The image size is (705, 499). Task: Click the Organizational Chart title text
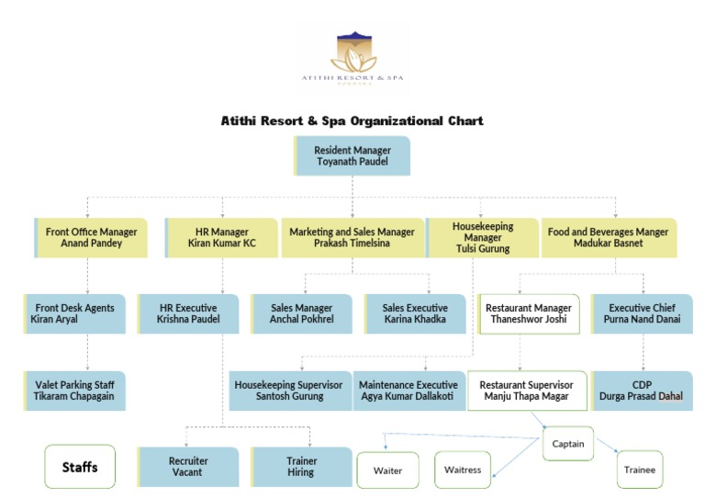[352, 120]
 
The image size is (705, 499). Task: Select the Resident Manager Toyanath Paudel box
[352, 155]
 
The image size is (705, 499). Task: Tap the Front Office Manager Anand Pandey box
[91, 238]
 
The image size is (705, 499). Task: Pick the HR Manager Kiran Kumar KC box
[221, 238]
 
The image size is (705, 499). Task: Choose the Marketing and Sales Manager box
[352, 238]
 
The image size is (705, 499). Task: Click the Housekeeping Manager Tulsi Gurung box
[482, 237]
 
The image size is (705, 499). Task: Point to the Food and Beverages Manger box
[608, 238]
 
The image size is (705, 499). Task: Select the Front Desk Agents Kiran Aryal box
[75, 313]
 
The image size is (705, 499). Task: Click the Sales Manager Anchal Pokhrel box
[301, 313]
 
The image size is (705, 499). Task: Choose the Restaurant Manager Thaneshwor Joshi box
[528, 313]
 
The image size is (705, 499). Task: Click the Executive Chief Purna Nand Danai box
[642, 313]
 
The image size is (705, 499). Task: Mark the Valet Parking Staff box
[75, 391]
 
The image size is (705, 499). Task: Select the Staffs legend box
[79, 467]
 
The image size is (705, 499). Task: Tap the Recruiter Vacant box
[189, 466]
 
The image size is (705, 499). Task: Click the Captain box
[568, 443]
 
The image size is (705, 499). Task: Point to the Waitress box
[463, 470]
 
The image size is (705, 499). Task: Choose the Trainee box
[640, 469]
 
